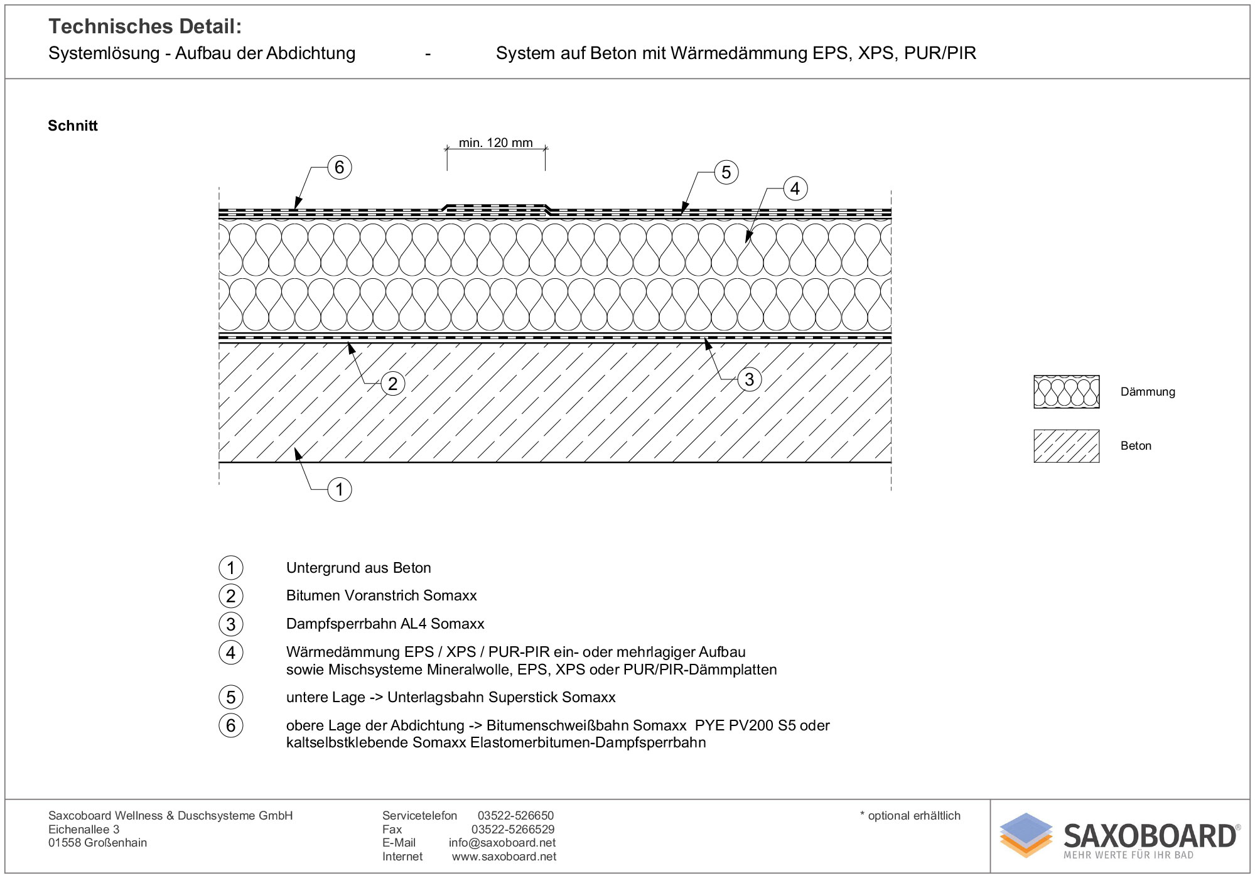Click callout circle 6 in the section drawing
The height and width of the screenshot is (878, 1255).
(340, 168)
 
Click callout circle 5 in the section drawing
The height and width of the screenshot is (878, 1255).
(726, 172)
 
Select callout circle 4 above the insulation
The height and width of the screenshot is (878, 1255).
(795, 188)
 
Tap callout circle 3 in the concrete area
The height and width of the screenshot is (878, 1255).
(749, 379)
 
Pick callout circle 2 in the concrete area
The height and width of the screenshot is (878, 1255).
(393, 384)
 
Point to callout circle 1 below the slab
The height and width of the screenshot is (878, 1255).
(340, 489)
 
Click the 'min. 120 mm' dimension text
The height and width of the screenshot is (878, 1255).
(495, 143)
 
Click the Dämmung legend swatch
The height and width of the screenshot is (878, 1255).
(1066, 392)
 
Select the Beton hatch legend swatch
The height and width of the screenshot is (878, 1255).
(1066, 446)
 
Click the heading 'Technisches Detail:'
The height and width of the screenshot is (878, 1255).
(145, 26)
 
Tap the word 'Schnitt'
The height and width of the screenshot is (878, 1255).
(73, 126)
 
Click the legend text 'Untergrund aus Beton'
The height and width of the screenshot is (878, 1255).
(358, 568)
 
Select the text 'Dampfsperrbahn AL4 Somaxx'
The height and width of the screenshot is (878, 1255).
(385, 624)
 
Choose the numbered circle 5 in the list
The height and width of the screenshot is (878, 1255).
(231, 697)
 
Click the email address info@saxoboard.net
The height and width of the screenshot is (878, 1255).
(502, 843)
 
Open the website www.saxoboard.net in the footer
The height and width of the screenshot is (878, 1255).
(504, 857)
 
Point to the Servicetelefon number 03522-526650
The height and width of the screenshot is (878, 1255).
(515, 816)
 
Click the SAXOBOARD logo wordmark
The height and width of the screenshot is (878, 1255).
(1150, 837)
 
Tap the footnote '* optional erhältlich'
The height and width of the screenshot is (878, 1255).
(910, 816)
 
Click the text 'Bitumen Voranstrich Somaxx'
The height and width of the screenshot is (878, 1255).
(381, 595)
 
